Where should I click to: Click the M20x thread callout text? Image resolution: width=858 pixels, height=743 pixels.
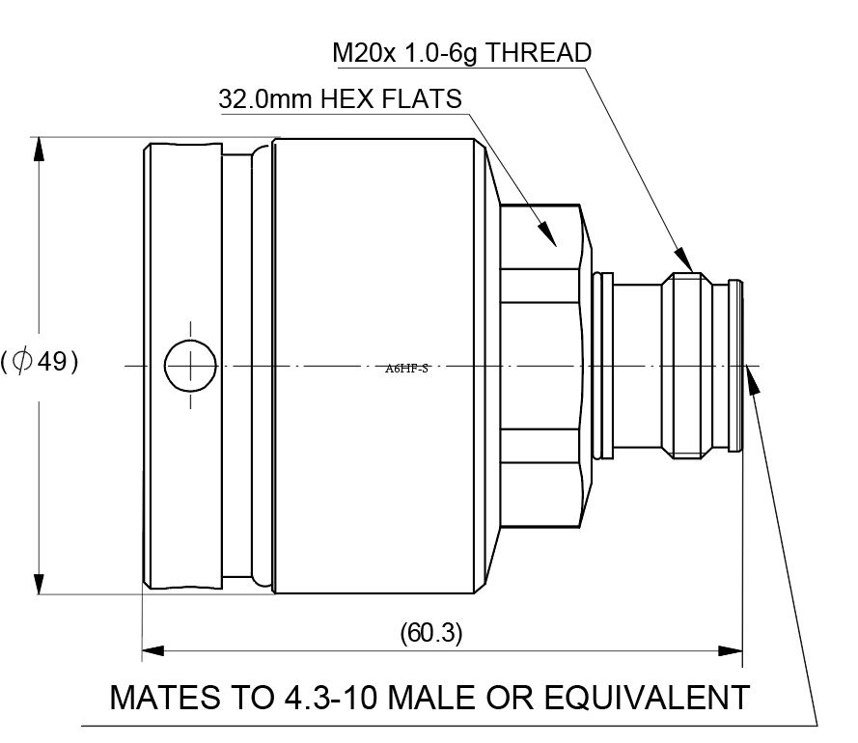(x=461, y=52)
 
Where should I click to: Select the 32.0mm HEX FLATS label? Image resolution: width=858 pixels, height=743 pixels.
(x=341, y=99)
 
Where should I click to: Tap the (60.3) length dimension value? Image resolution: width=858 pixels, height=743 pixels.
(x=431, y=633)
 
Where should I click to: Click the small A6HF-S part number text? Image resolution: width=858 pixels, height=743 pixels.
(x=406, y=368)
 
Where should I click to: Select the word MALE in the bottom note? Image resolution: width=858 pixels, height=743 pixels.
(x=426, y=698)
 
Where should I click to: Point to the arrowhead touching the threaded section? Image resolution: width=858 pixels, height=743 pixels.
(x=684, y=261)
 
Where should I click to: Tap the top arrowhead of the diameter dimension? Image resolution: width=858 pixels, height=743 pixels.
(x=39, y=150)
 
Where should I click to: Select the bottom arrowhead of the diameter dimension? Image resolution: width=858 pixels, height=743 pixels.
(x=39, y=581)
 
